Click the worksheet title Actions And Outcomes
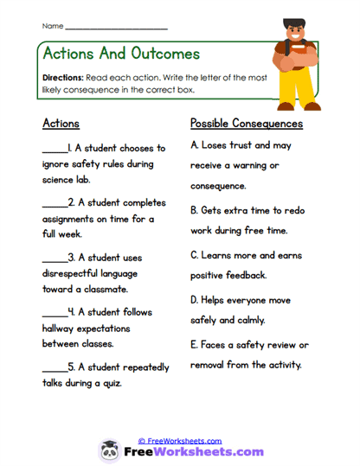120,54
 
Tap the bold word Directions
61,77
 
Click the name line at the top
116,27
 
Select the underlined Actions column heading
61,124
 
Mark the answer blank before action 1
54,149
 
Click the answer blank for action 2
54,203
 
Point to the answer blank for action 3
54,258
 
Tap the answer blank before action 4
54,312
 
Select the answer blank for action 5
54,367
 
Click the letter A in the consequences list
194,145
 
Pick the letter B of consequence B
194,209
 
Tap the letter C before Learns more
194,256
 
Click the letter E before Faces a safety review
194,345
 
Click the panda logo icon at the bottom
111,450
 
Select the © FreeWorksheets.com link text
180,441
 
